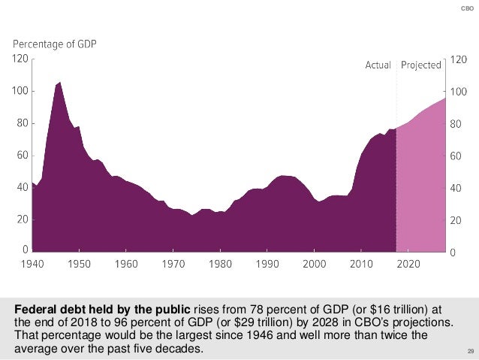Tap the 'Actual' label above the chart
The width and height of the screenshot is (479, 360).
(378, 65)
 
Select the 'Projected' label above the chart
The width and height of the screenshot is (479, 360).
(420, 65)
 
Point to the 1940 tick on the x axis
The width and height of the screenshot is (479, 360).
(33, 265)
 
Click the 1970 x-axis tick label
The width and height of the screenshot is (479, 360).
(173, 265)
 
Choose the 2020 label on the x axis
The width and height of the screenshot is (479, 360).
(408, 265)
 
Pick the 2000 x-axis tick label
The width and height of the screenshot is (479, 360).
(314, 265)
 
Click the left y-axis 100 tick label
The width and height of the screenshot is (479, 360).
(21, 91)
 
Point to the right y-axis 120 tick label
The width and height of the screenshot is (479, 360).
(456, 59)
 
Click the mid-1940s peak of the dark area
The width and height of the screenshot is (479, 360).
(59, 83)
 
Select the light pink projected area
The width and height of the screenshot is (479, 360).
(420, 188)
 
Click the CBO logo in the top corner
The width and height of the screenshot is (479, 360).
(465, 8)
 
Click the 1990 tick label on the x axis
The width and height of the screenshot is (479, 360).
(267, 265)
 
